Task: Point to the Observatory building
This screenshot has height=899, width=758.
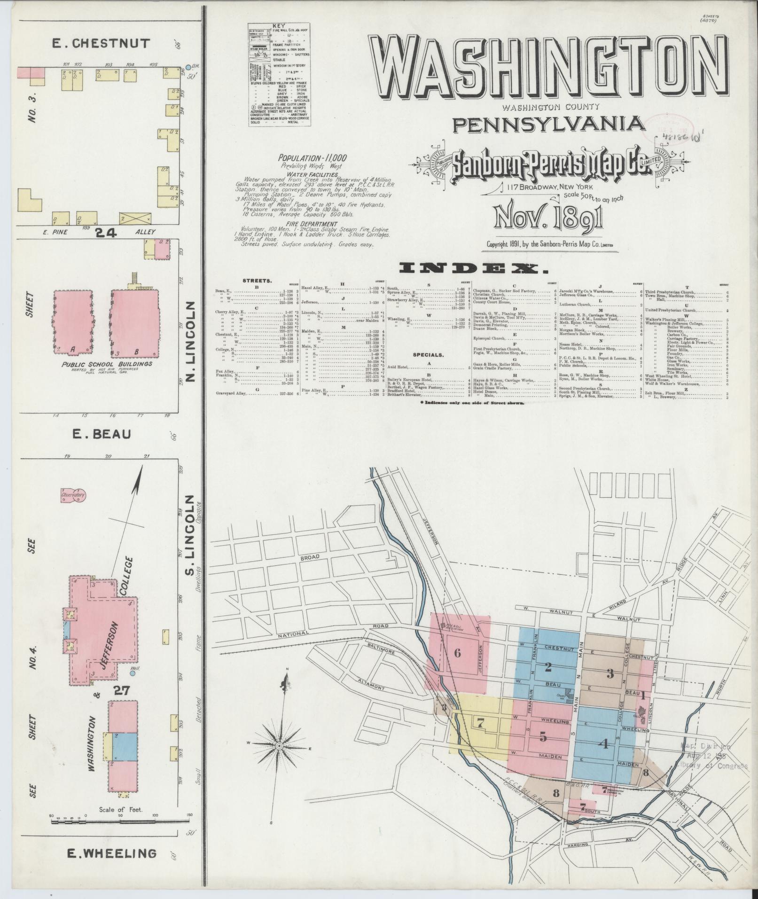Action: point(73,495)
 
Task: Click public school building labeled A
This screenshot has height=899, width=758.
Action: point(73,321)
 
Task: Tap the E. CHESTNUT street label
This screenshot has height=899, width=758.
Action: point(101,44)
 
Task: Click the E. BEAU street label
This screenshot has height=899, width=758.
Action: point(101,434)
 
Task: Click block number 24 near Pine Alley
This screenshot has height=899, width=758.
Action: point(106,232)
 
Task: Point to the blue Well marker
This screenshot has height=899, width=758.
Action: point(132,673)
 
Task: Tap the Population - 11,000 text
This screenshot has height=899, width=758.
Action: point(312,158)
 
